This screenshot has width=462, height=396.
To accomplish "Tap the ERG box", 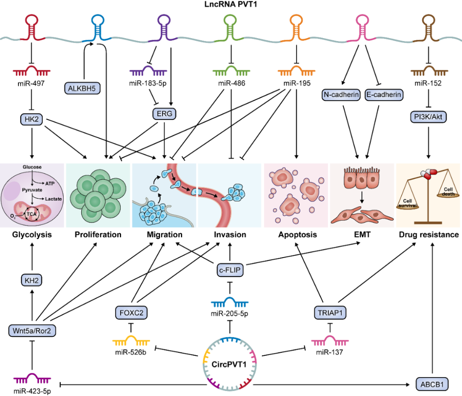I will pos(165,114).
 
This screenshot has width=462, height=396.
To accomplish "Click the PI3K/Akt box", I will pos(428,117).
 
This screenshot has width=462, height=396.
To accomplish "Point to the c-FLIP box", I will pos(231,270).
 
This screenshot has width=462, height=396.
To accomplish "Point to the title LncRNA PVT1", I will pos(231,5).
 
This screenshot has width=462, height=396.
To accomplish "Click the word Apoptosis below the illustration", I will pos(297,234).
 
